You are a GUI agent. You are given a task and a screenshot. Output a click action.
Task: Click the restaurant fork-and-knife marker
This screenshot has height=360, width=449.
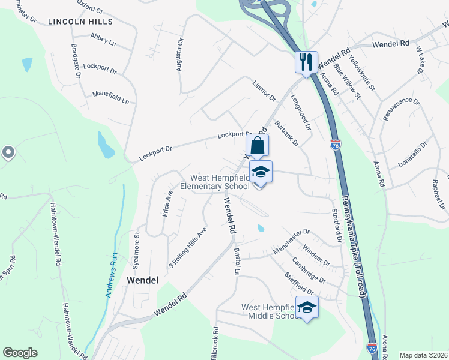306,61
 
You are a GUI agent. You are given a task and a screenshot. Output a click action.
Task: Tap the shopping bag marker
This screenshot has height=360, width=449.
257,145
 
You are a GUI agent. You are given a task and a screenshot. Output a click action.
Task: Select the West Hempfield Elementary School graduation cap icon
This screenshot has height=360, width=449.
261,172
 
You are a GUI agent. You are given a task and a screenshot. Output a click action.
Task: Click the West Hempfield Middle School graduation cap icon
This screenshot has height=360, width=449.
307,308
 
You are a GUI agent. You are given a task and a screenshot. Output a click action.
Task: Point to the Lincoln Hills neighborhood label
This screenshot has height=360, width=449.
80,22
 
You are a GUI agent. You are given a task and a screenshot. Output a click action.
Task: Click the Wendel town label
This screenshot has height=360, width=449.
142,280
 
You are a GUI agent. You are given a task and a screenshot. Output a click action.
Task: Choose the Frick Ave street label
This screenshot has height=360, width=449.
167,203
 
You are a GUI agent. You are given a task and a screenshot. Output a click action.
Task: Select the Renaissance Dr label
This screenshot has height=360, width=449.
400,109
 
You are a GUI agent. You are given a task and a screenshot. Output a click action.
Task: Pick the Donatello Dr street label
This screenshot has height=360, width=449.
412,154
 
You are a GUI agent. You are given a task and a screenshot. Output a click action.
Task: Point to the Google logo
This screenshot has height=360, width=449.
20,353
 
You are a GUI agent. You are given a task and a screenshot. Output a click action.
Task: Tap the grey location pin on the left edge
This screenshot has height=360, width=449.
7,153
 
